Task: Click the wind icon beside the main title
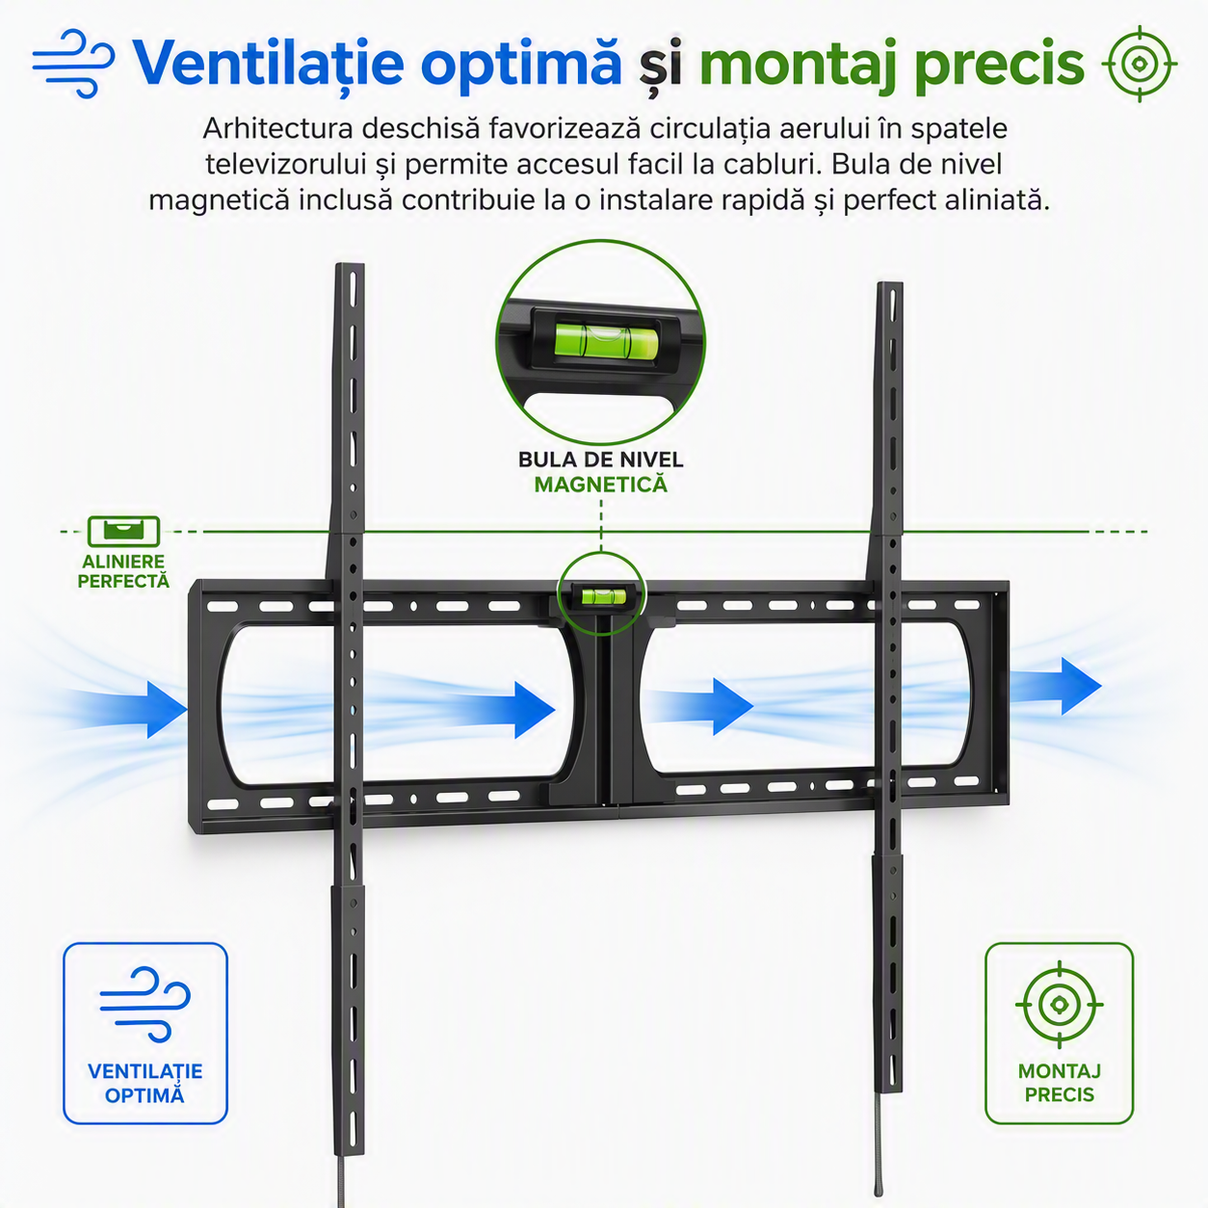(73, 64)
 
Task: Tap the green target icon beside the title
(1139, 64)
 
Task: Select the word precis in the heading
(999, 65)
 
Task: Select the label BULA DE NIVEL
(600, 460)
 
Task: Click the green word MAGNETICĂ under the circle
(600, 485)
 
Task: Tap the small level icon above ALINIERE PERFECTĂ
(123, 532)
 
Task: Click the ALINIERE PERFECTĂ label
(123, 571)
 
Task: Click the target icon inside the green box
(1060, 1005)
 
